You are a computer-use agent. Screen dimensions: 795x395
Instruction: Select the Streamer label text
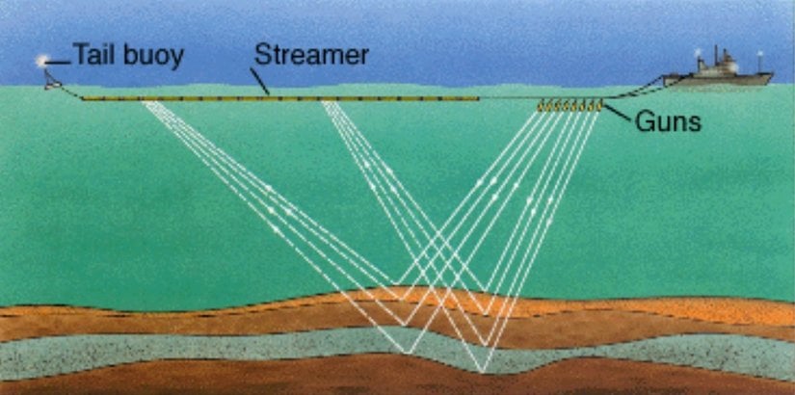pyautogui.click(x=311, y=54)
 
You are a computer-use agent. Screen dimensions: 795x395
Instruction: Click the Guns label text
pyautogui.click(x=668, y=121)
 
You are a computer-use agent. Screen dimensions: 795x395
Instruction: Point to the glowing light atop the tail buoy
pyautogui.click(x=40, y=62)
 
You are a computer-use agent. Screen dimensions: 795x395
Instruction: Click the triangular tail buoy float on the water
pyautogui.click(x=52, y=81)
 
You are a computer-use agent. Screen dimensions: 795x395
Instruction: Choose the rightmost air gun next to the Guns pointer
pyautogui.click(x=598, y=105)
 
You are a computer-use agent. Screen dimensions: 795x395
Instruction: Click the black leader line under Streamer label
pyautogui.click(x=259, y=81)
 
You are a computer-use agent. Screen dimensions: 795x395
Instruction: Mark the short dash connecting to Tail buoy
pyautogui.click(x=59, y=63)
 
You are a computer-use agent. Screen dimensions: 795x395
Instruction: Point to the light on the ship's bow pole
pyautogui.click(x=759, y=53)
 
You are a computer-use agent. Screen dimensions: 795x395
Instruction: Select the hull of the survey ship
pyautogui.click(x=717, y=80)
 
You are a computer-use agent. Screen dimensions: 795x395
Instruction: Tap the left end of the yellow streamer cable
pyautogui.click(x=83, y=99)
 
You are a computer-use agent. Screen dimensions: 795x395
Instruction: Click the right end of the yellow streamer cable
pyautogui.click(x=477, y=98)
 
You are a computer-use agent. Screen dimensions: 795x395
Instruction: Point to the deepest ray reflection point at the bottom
pyautogui.click(x=482, y=372)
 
